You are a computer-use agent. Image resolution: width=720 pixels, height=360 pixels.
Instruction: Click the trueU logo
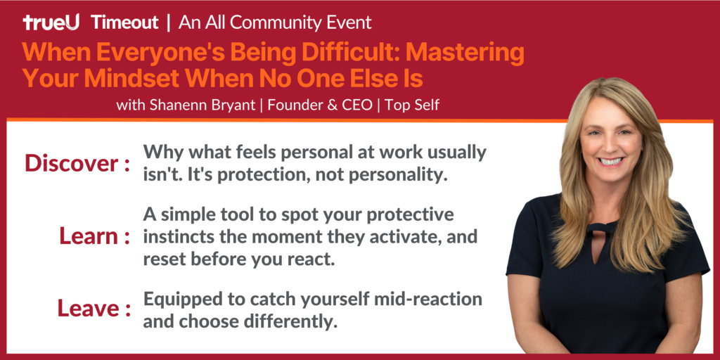point(51,22)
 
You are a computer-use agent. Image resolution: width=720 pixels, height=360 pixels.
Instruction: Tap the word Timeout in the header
point(125,22)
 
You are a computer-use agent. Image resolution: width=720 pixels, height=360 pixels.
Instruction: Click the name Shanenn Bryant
point(202,105)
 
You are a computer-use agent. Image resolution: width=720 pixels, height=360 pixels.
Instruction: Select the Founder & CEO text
point(320,105)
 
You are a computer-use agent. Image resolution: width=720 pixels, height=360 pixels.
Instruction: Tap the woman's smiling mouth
point(611,161)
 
